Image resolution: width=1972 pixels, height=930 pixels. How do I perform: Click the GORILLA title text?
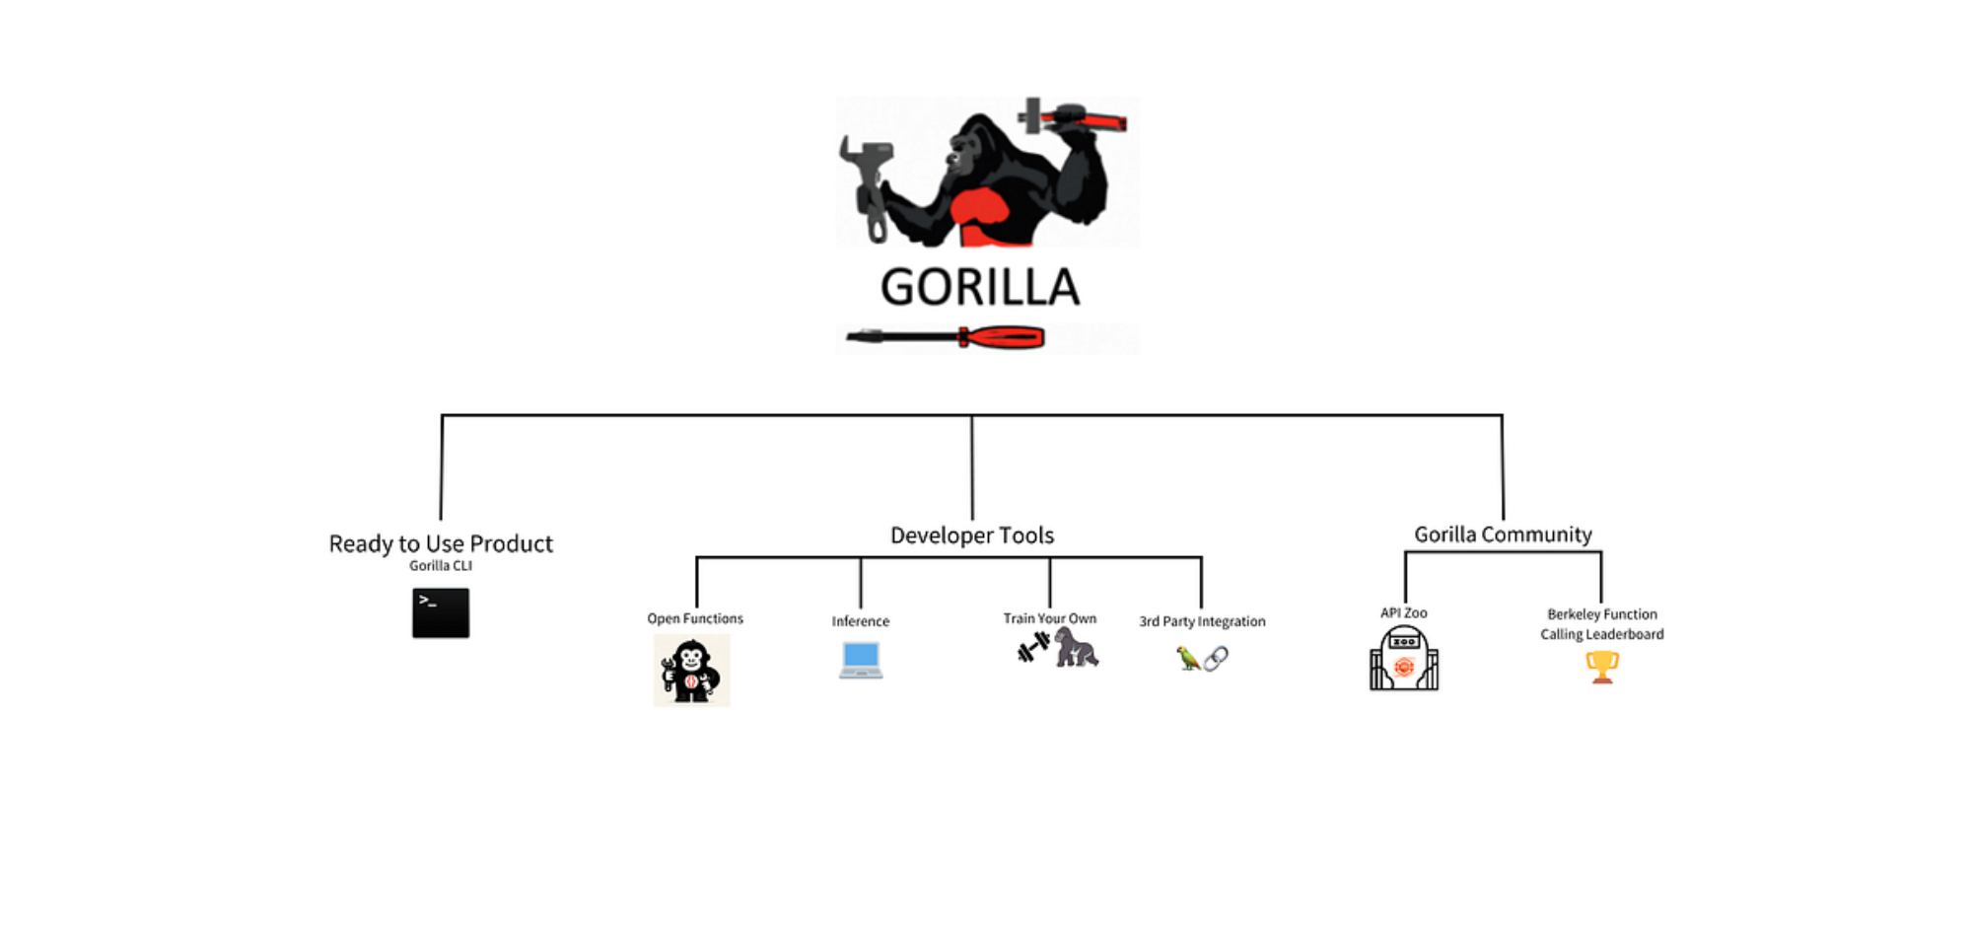click(x=980, y=287)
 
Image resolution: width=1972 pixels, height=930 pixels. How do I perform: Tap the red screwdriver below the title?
click(x=947, y=338)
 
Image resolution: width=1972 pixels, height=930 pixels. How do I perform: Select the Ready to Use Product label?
click(x=441, y=543)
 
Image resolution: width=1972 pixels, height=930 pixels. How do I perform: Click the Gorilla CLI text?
click(x=441, y=566)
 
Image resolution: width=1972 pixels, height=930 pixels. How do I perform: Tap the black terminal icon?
click(x=441, y=612)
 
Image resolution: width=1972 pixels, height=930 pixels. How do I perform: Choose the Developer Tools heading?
click(x=972, y=536)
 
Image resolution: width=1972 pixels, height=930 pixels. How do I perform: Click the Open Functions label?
click(x=695, y=618)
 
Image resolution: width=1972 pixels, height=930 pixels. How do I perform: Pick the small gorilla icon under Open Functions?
click(x=691, y=671)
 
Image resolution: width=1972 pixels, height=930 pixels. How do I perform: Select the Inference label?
click(x=860, y=621)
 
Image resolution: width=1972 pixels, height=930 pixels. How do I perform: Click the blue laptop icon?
click(x=861, y=659)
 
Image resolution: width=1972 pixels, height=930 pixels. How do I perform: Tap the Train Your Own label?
click(x=1049, y=618)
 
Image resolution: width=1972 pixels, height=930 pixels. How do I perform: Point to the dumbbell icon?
click(x=1033, y=648)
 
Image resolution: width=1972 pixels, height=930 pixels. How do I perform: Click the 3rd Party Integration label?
click(x=1202, y=621)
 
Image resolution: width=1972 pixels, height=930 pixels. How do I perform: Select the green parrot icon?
click(x=1188, y=658)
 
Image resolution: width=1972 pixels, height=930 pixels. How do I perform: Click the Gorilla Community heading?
click(x=1503, y=535)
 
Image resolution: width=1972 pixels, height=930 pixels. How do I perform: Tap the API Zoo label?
click(x=1403, y=612)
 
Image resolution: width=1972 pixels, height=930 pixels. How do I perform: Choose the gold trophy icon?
click(x=1602, y=667)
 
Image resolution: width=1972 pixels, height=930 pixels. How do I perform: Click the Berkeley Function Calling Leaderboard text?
click(x=1602, y=624)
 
